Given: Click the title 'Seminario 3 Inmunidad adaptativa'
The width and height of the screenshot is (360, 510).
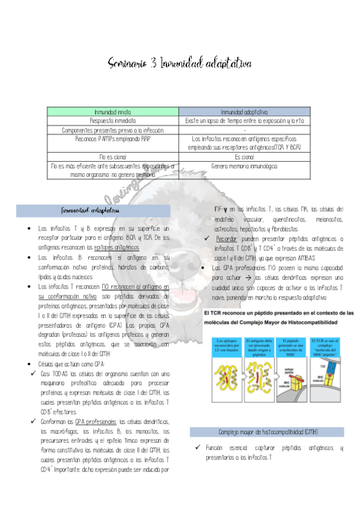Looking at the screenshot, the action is pos(180,63).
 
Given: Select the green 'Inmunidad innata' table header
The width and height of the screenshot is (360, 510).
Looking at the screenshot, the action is pos(114,112).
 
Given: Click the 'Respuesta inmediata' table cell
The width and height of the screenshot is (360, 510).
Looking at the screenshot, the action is pos(114,121).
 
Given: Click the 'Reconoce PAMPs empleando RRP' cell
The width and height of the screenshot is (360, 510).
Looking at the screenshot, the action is pos(114,138).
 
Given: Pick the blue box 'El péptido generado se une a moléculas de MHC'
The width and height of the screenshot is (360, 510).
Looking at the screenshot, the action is pos(294,346).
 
